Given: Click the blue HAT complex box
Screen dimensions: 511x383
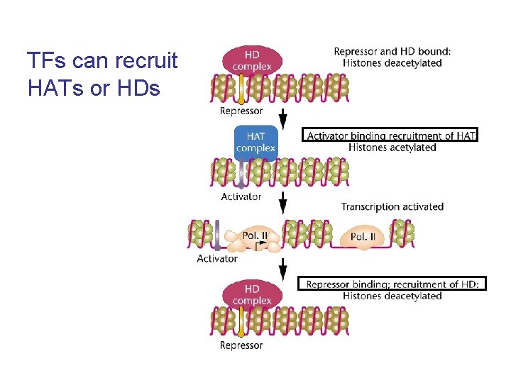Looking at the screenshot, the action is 255,143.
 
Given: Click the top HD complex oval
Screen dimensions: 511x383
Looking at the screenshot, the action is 252,60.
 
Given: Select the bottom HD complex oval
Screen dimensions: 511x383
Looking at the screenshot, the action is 252,295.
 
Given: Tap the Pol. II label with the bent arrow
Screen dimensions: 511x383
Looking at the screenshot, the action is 255,235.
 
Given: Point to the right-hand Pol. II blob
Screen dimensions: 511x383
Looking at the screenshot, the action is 363,237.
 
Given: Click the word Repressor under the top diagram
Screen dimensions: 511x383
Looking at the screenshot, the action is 241,111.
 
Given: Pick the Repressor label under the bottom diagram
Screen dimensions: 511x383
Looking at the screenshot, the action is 241,345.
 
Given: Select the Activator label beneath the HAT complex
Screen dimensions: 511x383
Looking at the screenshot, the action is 241,196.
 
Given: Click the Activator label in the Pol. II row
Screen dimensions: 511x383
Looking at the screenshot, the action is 217,259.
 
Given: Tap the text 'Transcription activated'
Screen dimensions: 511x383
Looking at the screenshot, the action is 392,207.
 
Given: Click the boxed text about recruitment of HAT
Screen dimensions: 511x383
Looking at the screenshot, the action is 390,135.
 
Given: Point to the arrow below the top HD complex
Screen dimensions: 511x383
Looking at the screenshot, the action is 283,119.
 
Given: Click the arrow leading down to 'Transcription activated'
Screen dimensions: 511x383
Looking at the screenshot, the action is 283,202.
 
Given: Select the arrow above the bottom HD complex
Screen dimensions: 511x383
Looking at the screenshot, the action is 283,269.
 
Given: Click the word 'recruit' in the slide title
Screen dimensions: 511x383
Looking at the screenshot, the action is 146,60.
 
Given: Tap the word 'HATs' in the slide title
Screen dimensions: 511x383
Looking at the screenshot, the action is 56,88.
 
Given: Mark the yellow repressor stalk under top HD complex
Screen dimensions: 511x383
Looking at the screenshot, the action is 241,89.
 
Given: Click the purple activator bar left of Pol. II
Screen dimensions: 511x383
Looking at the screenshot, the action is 217,235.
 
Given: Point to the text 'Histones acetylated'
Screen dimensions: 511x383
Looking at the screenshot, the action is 392,148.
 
